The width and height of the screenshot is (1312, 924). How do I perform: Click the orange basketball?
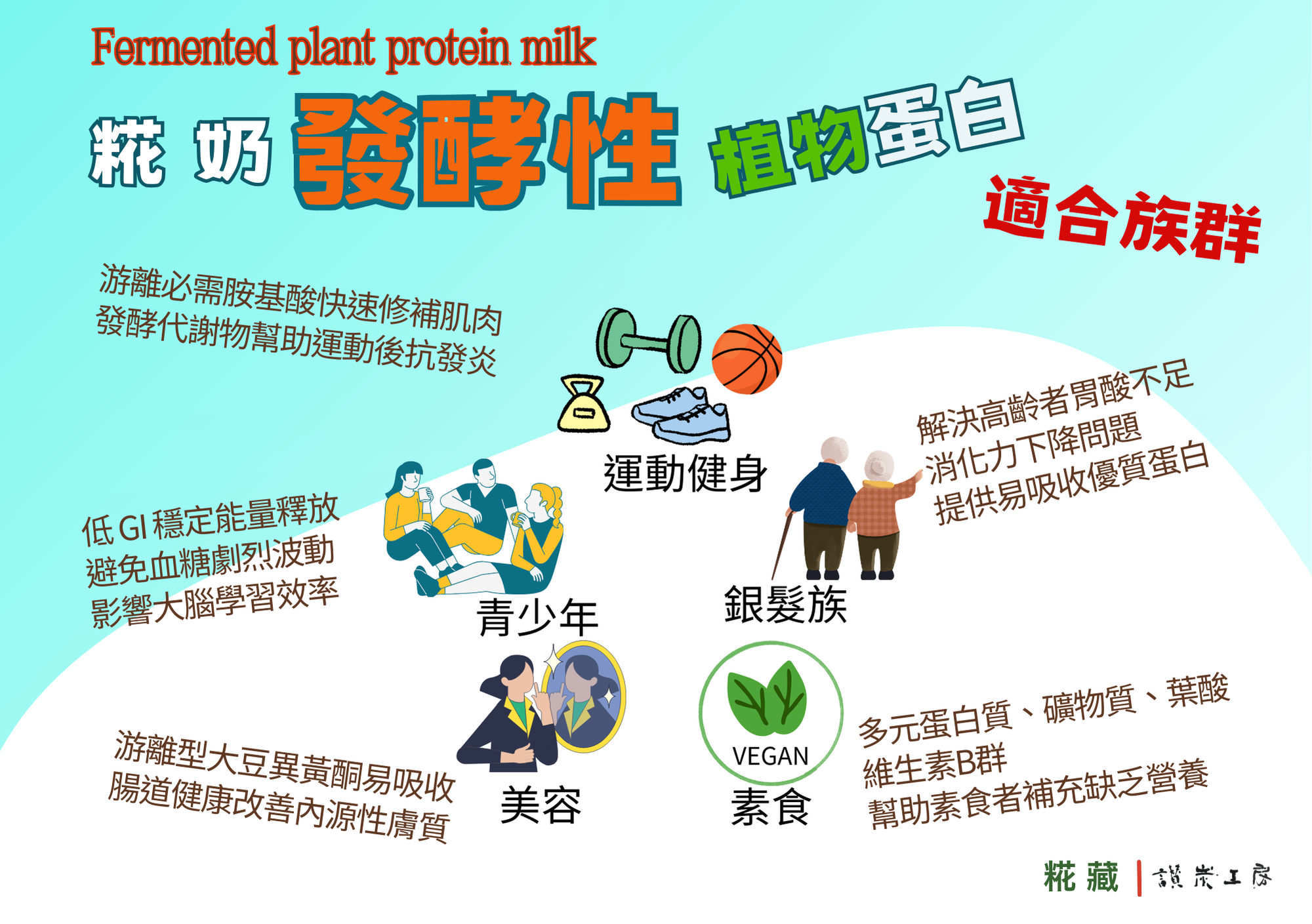747,359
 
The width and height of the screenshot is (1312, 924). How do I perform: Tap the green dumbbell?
649,340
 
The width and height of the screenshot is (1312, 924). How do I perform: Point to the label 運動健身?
685,473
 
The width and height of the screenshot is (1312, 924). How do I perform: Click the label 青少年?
537,617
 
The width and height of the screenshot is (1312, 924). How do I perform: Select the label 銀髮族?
785,604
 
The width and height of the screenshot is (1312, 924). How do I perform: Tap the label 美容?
541,805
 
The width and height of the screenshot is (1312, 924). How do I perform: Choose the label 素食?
771,807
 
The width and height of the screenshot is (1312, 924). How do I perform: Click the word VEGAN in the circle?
770,756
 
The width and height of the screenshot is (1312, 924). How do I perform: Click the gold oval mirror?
584,696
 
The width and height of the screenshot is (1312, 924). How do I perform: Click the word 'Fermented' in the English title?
184,47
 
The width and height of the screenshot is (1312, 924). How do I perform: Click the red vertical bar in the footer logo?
1139,878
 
